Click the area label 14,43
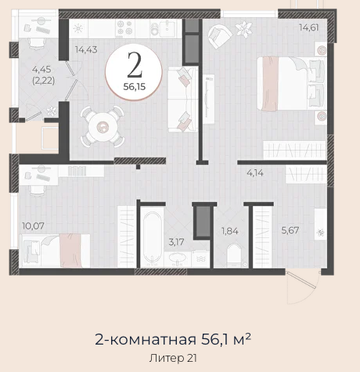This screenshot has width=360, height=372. [86, 49]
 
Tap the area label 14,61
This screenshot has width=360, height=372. [309, 27]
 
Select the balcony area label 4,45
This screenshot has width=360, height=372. [41, 70]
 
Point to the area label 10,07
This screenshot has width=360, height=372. [33, 226]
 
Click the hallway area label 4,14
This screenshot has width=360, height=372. [255, 173]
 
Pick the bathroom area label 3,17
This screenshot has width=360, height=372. [176, 242]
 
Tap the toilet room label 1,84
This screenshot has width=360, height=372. [229, 231]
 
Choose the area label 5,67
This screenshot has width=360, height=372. [290, 230]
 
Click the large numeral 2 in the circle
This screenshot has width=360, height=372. [135, 65]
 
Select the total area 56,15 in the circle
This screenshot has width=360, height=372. [135, 87]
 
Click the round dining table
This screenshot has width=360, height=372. [102, 127]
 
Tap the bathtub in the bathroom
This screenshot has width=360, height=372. [152, 237]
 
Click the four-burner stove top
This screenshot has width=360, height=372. [124, 27]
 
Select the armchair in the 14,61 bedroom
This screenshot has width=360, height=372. [220, 35]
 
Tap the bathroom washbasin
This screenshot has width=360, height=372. [178, 258]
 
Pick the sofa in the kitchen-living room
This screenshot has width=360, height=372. [182, 99]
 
